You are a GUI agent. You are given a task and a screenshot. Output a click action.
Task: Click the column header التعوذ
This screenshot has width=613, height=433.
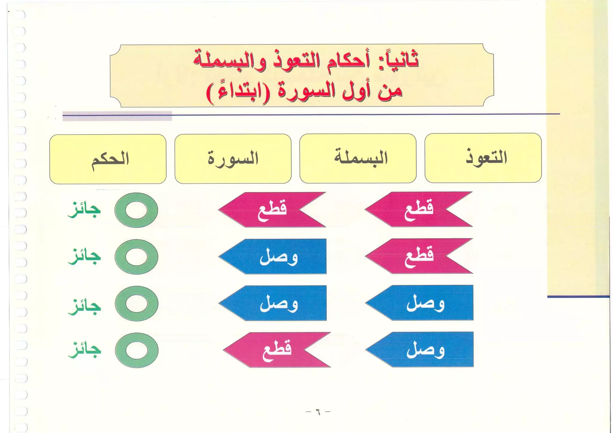pos(483,158)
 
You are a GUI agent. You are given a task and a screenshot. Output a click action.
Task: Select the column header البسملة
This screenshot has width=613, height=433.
pos(358,158)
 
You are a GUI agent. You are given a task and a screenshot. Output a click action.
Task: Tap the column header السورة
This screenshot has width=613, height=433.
pos(233,158)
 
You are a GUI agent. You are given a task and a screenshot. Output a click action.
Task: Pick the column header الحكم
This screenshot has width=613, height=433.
pos(108,159)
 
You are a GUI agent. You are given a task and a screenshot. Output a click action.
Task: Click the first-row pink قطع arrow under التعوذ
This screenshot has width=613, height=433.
pos(418,209)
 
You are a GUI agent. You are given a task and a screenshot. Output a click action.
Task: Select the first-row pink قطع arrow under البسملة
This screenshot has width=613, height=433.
pos(272,209)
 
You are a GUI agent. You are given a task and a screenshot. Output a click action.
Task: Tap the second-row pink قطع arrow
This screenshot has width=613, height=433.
pos(419,256)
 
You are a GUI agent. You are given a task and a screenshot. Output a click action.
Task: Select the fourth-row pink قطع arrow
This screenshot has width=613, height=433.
pos(276,350)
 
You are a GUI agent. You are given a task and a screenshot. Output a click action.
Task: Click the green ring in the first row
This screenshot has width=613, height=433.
pos(136,210)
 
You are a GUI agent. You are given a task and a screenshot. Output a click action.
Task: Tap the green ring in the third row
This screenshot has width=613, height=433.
pos(136,303)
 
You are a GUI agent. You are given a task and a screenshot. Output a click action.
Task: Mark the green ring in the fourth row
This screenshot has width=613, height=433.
pos(136,350)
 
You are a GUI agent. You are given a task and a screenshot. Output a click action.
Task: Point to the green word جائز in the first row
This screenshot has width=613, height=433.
pos(84,210)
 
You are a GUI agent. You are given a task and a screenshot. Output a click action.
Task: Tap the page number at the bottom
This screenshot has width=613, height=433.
pos(318,412)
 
